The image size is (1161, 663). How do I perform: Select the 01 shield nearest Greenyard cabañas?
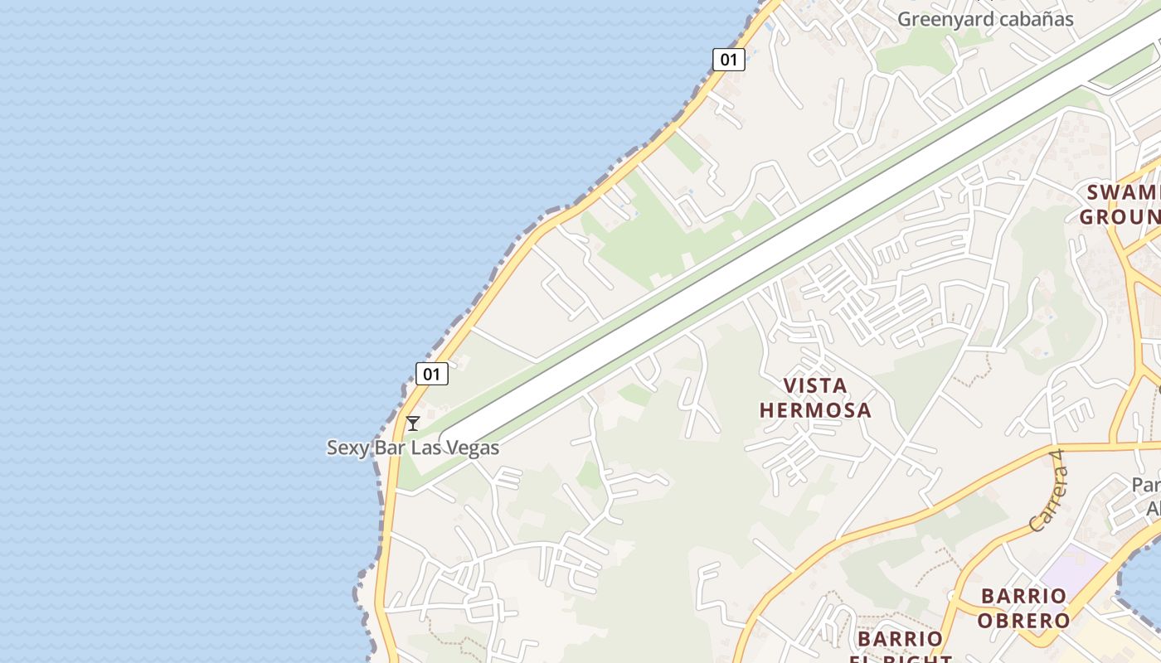[x=728, y=59]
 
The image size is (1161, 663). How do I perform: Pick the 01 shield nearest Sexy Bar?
[x=431, y=374]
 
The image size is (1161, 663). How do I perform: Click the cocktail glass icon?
[x=412, y=423]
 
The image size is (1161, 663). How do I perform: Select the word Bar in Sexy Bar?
[x=387, y=448]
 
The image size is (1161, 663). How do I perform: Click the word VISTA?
[x=816, y=385]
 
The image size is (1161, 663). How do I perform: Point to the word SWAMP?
[x=1123, y=193]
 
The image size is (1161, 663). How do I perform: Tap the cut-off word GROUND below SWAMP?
[x=1120, y=217]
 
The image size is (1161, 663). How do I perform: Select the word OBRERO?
[x=1023, y=620]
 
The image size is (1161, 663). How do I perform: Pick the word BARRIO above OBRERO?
[x=1023, y=596]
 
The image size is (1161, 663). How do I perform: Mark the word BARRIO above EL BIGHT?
[x=900, y=639]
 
